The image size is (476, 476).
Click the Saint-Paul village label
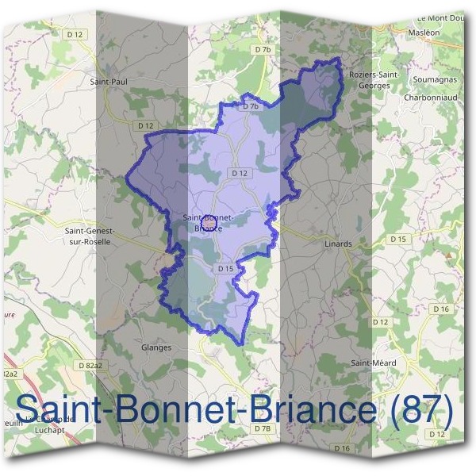coord(109,81)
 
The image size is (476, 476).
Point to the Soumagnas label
coord(433,80)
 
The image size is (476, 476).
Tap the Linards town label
coord(338,244)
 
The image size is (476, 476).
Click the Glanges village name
coord(155,347)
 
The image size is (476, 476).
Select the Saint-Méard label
coord(374,363)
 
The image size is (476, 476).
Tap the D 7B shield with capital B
coord(263,428)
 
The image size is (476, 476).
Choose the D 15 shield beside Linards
coord(397,239)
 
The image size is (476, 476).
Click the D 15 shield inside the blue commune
coord(226,269)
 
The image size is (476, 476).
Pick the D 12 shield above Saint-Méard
coord(382,322)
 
